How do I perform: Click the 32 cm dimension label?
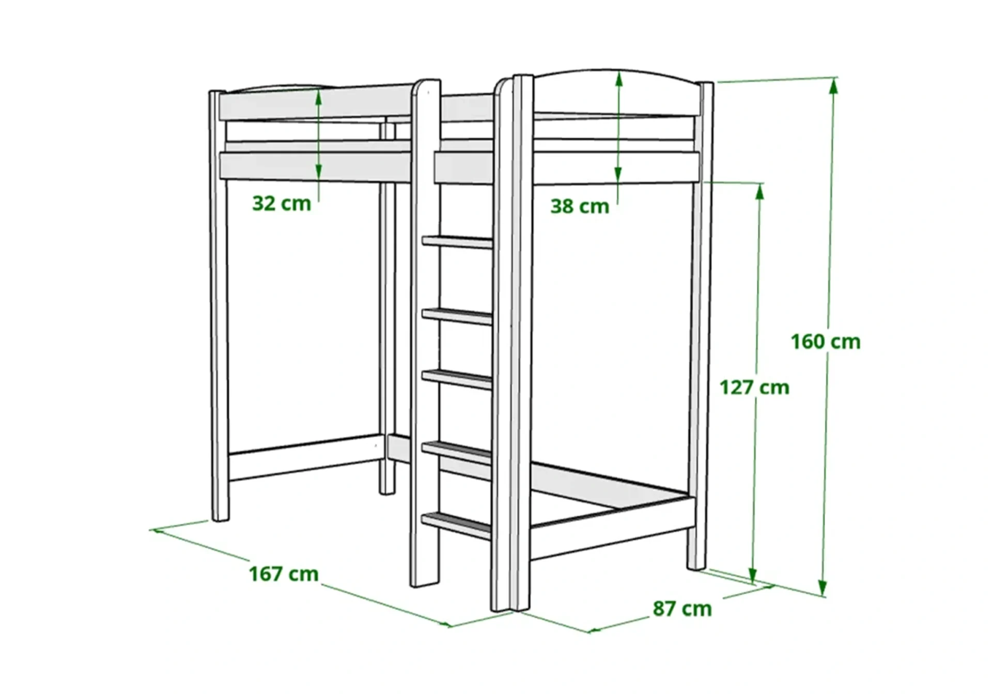pos(282,204)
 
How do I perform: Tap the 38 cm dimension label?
pos(580,206)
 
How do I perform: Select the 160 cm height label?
pos(826,342)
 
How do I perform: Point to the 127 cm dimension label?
pos(754,387)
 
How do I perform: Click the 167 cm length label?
pos(284,574)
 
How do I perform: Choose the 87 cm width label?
pos(682,608)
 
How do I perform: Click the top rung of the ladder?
pos(458,242)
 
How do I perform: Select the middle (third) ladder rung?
pos(457,379)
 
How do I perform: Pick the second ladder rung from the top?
pos(457,315)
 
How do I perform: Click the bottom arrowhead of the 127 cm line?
pos(753,575)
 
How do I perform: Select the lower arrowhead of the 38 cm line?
pos(618,176)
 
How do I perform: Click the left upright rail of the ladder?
pos(425,362)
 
